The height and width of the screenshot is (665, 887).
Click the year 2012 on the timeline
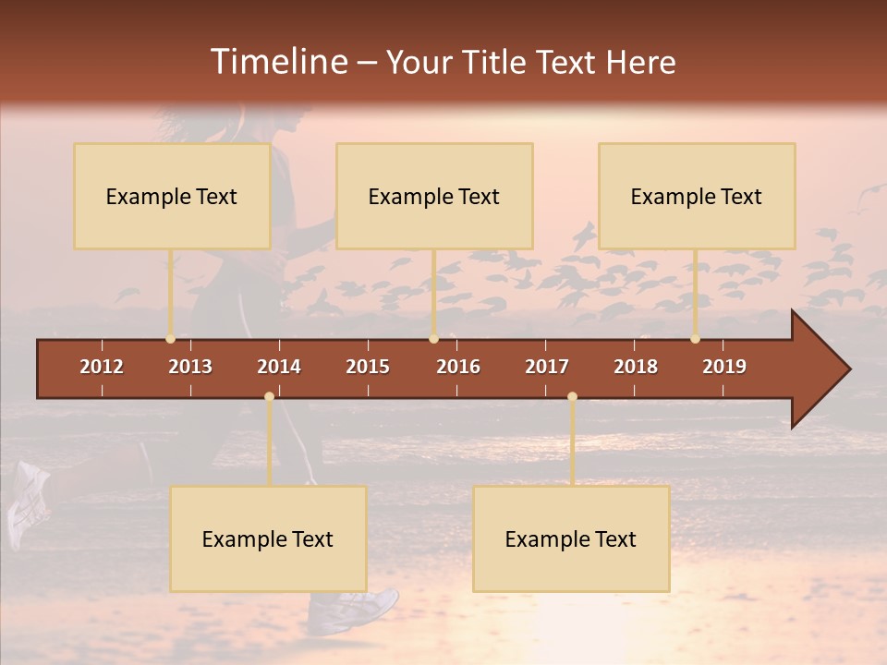[x=102, y=367]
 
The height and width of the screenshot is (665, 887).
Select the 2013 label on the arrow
[x=190, y=367]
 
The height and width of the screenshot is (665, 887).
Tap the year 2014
[x=279, y=367]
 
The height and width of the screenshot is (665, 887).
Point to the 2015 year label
[x=368, y=367]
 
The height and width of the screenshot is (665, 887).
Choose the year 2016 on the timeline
[x=458, y=367]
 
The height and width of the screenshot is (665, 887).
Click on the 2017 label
[x=547, y=367]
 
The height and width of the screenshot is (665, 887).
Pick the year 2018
[x=636, y=367]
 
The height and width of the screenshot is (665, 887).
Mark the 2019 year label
[x=724, y=367]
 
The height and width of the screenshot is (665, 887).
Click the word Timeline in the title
[x=277, y=62]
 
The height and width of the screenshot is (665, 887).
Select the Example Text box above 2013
[x=172, y=196]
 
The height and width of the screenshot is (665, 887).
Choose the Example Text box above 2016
[x=434, y=196]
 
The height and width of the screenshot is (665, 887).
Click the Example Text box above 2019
[x=697, y=196]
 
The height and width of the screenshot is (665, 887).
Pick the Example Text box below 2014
[x=268, y=538]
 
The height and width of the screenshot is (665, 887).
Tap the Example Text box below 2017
[x=571, y=538]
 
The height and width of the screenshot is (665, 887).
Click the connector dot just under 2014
[x=269, y=397]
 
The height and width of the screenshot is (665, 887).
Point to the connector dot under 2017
[x=572, y=397]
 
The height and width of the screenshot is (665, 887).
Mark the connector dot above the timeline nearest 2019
[x=695, y=339]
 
